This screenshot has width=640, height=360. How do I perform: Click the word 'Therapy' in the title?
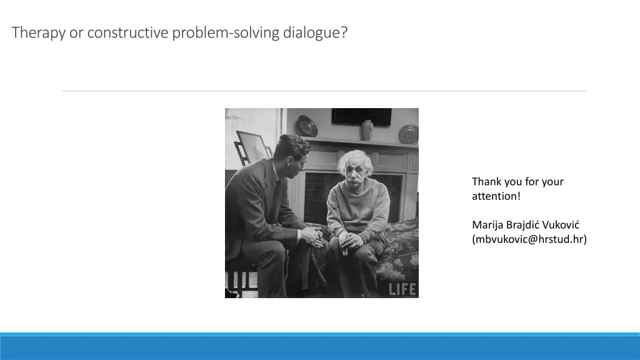point(39,32)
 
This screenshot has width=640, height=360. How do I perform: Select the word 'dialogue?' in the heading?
point(315,32)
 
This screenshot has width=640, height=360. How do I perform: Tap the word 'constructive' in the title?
point(127,32)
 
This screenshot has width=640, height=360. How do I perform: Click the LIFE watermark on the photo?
point(402,289)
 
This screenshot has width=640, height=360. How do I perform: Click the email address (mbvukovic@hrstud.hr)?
point(529,239)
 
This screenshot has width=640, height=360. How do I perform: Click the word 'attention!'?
point(496,196)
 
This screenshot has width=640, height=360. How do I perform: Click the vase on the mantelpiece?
point(367,129)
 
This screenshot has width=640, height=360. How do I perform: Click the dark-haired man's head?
point(292,150)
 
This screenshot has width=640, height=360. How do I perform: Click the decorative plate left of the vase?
point(307,126)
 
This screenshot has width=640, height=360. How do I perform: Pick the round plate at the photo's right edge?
point(409,134)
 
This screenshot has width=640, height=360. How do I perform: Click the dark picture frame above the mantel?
point(361,116)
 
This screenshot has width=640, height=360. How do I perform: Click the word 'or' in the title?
point(76,32)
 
